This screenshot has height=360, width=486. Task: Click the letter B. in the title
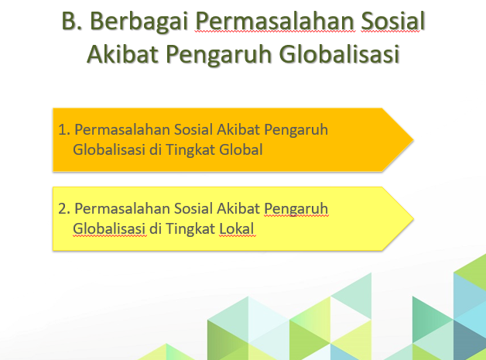click(x=72, y=21)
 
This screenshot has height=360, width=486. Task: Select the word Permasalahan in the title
click(x=276, y=22)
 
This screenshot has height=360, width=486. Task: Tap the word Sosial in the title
click(x=393, y=21)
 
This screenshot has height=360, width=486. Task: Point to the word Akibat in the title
click(x=123, y=53)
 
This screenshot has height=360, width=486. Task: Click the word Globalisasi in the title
click(x=340, y=53)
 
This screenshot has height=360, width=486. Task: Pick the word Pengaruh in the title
click(x=219, y=55)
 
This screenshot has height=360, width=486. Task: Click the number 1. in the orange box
click(x=64, y=129)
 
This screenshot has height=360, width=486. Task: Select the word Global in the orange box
click(x=241, y=149)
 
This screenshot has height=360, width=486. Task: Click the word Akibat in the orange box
click(x=238, y=129)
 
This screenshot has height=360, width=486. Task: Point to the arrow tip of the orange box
click(x=413, y=140)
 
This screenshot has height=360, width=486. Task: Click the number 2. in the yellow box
click(x=64, y=209)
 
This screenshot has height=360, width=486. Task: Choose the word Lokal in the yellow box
click(x=237, y=228)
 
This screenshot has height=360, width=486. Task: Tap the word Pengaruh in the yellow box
click(x=296, y=210)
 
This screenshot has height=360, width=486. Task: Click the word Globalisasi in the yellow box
click(x=109, y=228)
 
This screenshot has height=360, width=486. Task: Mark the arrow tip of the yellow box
click(x=413, y=218)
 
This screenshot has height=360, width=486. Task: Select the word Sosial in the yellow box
click(x=193, y=208)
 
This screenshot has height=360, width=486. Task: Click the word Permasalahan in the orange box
click(x=122, y=129)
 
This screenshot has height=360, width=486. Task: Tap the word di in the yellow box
click(x=156, y=228)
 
